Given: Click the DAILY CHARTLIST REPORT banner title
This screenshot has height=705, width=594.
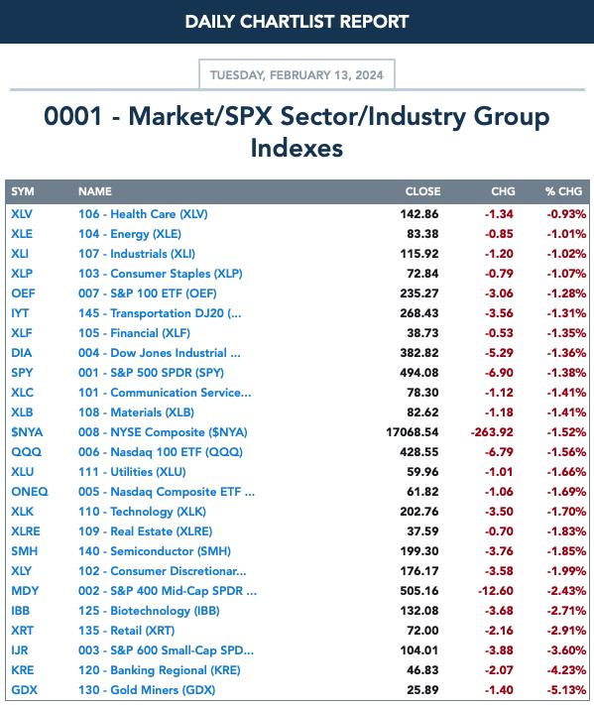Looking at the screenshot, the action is (297, 22).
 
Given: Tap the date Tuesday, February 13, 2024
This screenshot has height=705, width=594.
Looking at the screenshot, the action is (297, 74).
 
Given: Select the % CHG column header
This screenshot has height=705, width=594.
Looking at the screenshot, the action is (564, 191).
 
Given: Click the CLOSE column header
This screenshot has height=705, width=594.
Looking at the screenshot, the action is (422, 191).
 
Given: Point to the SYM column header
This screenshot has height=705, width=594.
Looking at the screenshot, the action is (23, 191).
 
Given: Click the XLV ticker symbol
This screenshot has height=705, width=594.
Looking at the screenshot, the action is (22, 214).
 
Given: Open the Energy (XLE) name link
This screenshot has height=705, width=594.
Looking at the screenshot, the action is (130, 234).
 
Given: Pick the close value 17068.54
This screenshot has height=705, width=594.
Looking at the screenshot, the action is (412, 432).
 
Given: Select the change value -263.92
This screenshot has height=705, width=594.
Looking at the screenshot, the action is (492, 432).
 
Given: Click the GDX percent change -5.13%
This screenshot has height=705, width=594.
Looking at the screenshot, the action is (566, 690).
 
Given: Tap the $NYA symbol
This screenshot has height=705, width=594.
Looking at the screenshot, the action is (27, 432).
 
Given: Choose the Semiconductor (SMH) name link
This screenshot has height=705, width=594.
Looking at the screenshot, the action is (155, 551).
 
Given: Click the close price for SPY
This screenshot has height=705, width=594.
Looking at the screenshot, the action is (419, 373).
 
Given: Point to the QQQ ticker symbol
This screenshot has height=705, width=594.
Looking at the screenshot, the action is (26, 452).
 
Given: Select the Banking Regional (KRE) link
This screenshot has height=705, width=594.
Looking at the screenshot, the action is (160, 670).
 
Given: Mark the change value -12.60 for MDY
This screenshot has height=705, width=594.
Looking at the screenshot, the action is (496, 591).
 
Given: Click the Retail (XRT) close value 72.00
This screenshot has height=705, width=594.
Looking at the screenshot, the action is (422, 631).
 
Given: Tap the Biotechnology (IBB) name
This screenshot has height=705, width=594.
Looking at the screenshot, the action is (150, 611).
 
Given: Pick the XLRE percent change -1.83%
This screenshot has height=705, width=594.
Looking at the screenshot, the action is (566, 531).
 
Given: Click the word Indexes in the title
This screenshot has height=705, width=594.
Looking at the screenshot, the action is (297, 149).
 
